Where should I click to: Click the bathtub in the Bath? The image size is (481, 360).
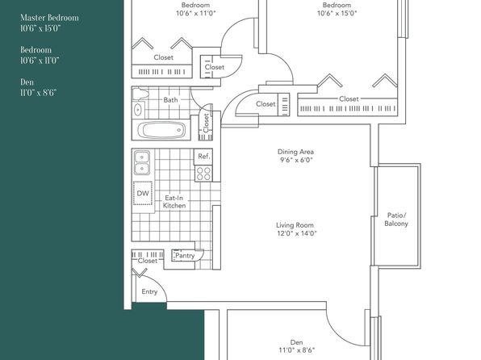161,130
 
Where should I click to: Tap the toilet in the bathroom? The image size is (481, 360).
140,94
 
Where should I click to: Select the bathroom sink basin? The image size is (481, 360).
138,109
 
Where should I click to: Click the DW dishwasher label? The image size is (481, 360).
143,194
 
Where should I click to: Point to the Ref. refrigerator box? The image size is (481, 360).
203,157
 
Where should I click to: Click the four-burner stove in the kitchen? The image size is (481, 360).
203,174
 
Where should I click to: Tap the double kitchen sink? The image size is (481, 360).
142,162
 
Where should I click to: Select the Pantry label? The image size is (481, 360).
185,255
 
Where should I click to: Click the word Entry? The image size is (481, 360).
149,291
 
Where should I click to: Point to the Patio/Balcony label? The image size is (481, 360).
396,219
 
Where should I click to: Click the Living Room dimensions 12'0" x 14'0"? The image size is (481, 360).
297,233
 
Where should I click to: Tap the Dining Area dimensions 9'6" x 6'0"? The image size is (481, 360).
296,160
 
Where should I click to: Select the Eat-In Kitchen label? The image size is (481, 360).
174,202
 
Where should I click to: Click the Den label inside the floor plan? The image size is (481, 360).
297,342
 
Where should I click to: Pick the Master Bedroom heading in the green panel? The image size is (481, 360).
49,18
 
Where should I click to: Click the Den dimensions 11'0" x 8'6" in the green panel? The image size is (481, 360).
39,93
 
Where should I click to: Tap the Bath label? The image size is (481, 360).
170,100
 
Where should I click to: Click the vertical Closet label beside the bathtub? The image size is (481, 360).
206,123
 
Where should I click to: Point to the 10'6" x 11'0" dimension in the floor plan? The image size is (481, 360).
196,13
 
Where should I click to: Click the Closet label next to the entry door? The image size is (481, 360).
148,261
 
